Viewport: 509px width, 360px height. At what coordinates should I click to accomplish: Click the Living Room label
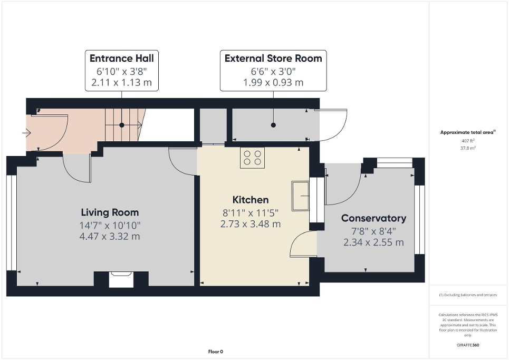110,212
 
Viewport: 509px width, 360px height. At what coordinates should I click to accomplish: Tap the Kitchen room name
251,200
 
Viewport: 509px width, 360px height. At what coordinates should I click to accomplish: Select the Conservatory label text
373,218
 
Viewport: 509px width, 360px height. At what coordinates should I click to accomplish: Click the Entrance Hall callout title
121,58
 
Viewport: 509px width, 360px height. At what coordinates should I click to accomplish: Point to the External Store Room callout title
273,58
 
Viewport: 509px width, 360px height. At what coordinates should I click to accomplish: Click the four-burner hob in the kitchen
252,158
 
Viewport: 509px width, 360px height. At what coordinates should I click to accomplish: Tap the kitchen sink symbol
301,196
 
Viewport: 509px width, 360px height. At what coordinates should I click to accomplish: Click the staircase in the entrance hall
122,125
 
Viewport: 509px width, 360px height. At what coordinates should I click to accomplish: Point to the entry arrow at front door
26,134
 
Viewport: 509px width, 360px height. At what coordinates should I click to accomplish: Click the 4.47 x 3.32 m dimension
110,236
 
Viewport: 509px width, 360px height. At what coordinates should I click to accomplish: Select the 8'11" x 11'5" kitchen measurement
251,213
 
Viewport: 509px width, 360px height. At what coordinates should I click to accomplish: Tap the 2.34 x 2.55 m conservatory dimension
373,242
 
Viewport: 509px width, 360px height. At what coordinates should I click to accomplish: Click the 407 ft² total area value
468,141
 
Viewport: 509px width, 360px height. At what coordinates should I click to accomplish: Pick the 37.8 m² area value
468,148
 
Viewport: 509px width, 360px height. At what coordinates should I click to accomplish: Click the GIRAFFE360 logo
468,345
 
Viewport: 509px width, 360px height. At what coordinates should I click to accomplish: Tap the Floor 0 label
216,352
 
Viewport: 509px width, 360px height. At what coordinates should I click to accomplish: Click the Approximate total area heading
468,132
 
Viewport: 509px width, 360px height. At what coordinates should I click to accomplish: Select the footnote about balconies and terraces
468,295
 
